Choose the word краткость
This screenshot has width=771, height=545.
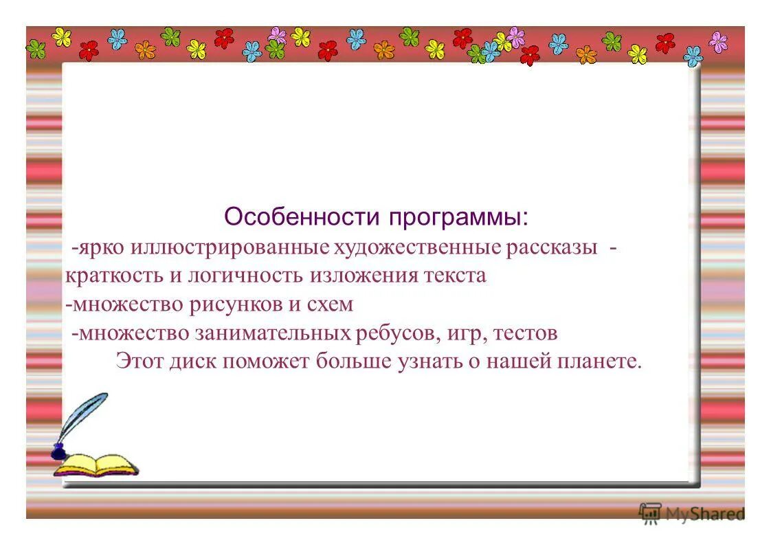[x=110, y=276]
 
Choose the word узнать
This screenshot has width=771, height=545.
[x=427, y=361]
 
